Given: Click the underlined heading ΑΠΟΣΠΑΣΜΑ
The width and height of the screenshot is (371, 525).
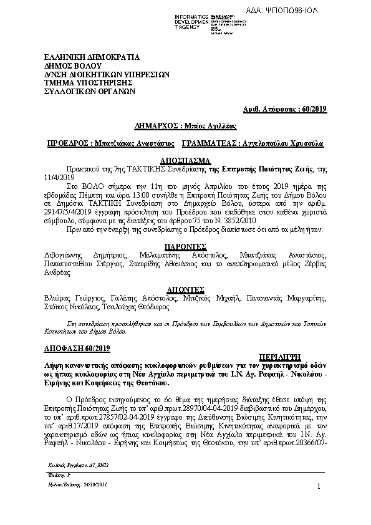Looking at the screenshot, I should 185,160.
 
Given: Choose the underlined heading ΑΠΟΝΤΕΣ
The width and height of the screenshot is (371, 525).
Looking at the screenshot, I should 185,290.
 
